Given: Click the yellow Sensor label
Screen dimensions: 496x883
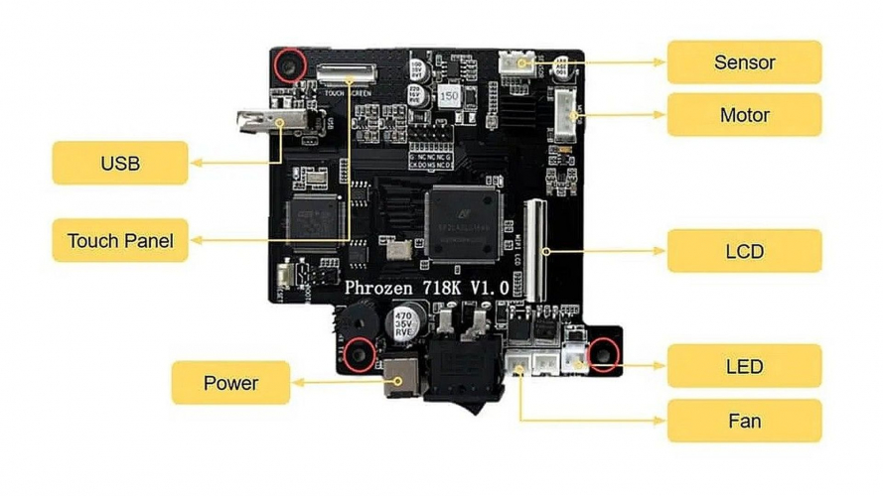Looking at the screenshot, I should (x=744, y=62).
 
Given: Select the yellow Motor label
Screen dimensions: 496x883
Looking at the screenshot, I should (x=744, y=115).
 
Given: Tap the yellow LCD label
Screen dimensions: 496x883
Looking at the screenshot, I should (x=744, y=251).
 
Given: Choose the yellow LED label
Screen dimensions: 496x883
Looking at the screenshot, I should (x=744, y=366).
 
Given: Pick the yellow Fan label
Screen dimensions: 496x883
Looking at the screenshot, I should (x=744, y=421).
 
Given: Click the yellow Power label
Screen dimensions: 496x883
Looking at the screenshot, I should (x=230, y=383).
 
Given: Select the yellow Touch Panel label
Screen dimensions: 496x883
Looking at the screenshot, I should (x=120, y=240).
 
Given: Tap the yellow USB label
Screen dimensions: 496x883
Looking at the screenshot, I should (x=119, y=162).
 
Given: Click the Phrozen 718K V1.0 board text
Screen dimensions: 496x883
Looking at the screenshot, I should (x=427, y=287).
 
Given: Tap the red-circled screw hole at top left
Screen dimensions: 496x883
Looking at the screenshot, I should (x=290, y=65).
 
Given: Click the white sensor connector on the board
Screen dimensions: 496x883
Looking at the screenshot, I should (x=515, y=62).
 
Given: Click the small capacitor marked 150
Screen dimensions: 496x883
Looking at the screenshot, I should (x=449, y=97).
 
